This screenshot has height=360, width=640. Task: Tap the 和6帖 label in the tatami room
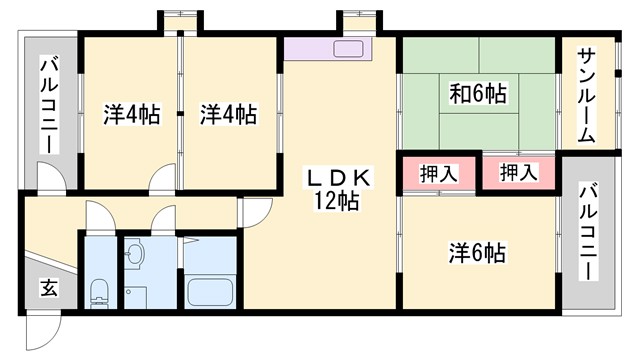point(477,95)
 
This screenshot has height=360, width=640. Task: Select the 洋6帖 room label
point(476,254)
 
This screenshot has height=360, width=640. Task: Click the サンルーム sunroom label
point(587,95)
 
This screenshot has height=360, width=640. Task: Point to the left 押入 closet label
point(438,173)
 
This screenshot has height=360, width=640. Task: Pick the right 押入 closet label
point(518,173)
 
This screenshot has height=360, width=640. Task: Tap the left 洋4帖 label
point(131,114)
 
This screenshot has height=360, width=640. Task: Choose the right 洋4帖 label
point(227,114)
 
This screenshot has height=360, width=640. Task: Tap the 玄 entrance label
point(48,288)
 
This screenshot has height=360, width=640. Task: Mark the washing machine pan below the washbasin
point(135,296)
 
